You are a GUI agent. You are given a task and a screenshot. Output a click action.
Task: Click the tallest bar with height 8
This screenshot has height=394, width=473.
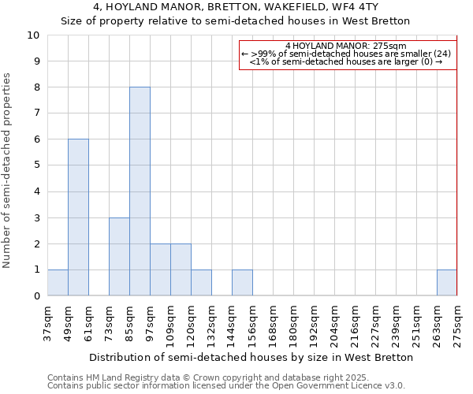140,191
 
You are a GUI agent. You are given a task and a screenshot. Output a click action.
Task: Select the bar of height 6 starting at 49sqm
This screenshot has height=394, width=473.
78,217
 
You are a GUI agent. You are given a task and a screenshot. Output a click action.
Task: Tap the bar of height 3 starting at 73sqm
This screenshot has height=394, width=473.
119,257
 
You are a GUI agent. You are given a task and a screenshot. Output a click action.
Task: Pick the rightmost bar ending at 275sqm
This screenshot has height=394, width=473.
447,283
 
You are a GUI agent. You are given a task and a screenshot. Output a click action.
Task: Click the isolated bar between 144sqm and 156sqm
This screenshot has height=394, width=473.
242,283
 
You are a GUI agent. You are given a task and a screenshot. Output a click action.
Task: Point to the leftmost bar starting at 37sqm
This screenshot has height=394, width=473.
58,283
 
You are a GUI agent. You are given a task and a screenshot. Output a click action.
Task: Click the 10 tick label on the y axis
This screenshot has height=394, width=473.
34,35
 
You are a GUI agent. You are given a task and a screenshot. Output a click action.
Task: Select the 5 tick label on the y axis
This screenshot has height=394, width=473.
36,165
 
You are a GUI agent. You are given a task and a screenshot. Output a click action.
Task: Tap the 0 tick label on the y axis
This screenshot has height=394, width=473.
36,296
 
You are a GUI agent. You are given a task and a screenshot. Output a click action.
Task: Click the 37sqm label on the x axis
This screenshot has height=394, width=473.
48,320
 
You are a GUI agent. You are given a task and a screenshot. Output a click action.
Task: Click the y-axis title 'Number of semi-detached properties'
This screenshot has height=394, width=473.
7,170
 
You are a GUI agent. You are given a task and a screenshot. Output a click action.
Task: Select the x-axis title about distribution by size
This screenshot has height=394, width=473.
251,357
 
